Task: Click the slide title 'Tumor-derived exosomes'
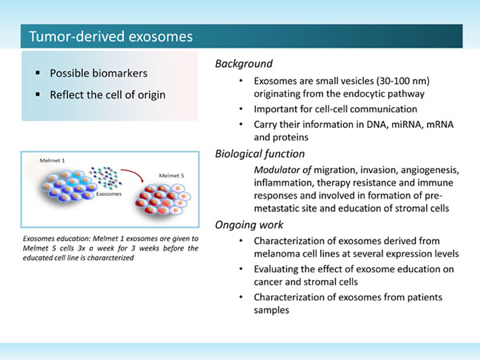pyautogui.click(x=111, y=37)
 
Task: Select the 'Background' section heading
pyautogui.click(x=244, y=64)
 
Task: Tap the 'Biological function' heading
pyautogui.click(x=260, y=154)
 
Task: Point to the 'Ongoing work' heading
pyautogui.click(x=249, y=225)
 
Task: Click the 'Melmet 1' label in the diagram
pyautogui.click(x=52, y=161)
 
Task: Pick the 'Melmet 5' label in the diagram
pyautogui.click(x=171, y=176)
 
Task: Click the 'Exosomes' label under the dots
pyautogui.click(x=109, y=194)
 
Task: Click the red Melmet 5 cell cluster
pyautogui.click(x=163, y=199)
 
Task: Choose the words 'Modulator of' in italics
pyautogui.click(x=282, y=170)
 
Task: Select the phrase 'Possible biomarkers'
pyautogui.click(x=98, y=73)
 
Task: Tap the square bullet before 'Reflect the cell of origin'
pyautogui.click(x=38, y=94)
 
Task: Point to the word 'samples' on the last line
pyautogui.click(x=271, y=310)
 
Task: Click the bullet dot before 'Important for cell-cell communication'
pyautogui.click(x=242, y=109)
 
